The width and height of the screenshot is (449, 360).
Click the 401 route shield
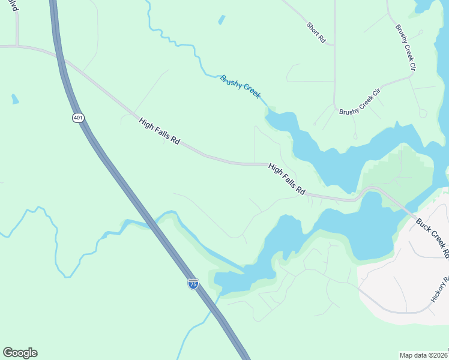(x=78, y=118)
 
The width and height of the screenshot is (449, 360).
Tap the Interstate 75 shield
(x=193, y=284)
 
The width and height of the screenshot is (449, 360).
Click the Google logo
(x=20, y=353)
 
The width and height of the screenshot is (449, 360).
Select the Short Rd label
(x=316, y=33)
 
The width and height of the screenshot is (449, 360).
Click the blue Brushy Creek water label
(x=240, y=87)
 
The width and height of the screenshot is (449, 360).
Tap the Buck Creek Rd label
(x=433, y=237)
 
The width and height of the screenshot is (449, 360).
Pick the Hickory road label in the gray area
(x=440, y=288)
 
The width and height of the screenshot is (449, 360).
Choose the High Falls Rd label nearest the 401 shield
(x=160, y=131)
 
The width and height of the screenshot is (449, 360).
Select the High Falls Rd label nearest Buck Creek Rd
(x=287, y=179)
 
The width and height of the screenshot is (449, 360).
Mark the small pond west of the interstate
(x=14, y=99)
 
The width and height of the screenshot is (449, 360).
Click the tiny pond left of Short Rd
(x=221, y=20)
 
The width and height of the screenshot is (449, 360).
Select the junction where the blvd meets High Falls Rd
(x=17, y=46)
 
